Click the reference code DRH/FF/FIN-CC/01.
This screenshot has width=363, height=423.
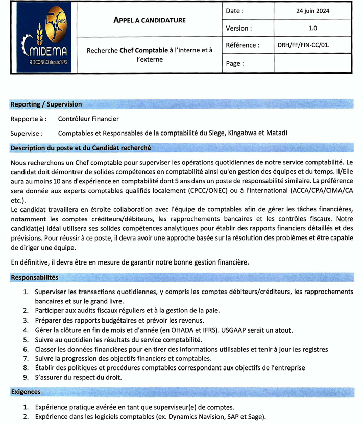(303, 45)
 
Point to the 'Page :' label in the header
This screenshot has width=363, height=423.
(235, 64)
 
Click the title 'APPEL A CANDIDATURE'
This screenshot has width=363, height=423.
(149, 20)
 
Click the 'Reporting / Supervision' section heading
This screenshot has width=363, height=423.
(46, 104)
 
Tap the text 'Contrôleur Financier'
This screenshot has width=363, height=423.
(88, 119)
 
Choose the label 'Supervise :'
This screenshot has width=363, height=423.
(27, 134)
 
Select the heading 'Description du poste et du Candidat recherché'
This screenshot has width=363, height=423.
(80, 148)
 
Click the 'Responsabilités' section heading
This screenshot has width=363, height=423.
(34, 278)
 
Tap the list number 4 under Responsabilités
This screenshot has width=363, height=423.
(26, 330)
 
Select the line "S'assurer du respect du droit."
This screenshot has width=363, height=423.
(79, 378)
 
